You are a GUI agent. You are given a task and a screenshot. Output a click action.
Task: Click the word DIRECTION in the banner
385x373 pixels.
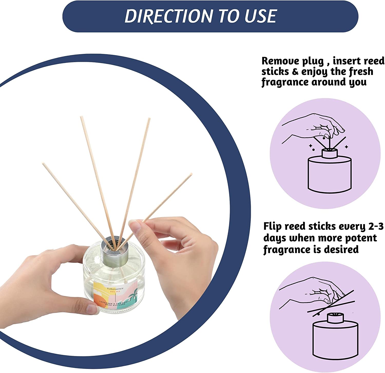(x=169, y=16)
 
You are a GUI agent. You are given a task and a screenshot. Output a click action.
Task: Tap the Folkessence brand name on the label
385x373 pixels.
(x=115, y=289)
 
